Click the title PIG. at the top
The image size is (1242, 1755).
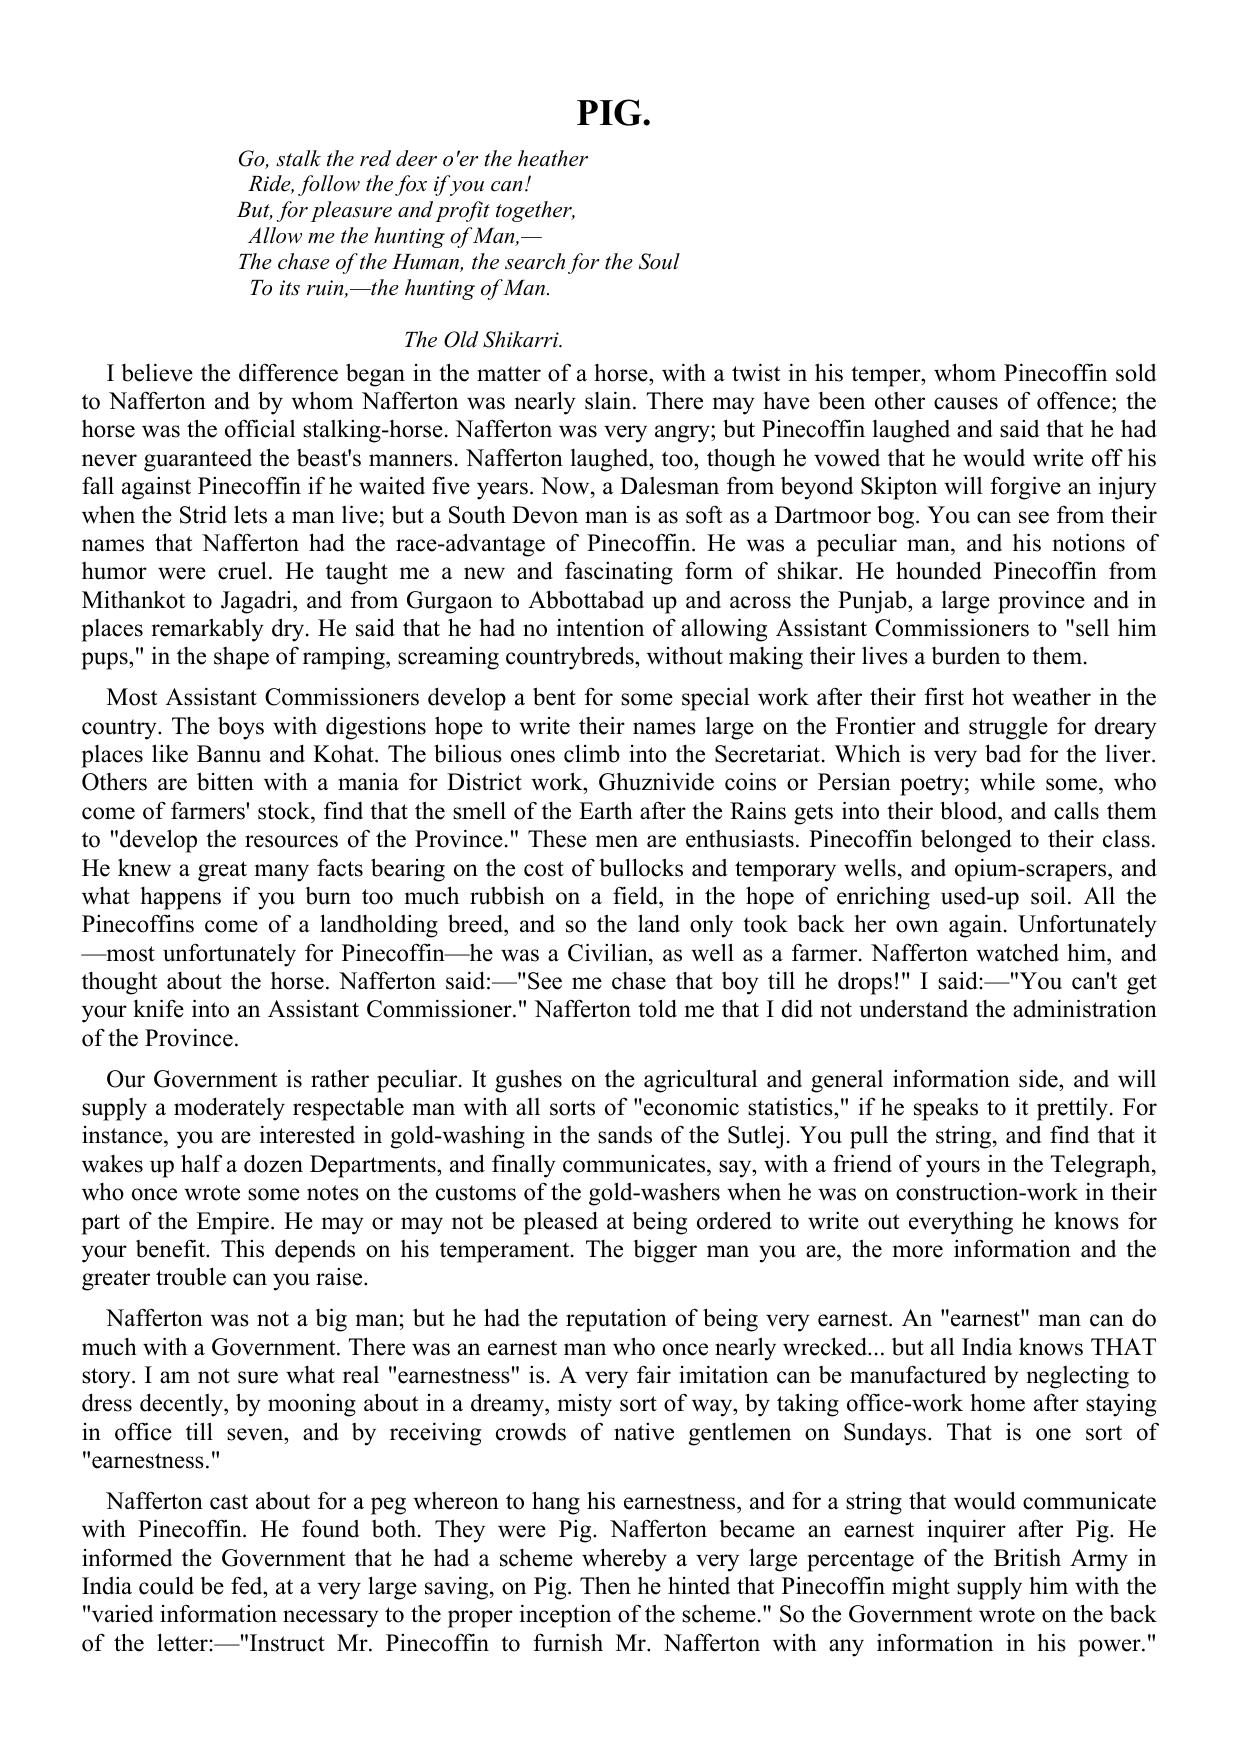(x=613, y=114)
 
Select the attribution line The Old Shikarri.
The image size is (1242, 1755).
(x=483, y=340)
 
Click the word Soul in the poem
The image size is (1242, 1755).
(x=658, y=262)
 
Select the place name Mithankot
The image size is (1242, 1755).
(x=130, y=601)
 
